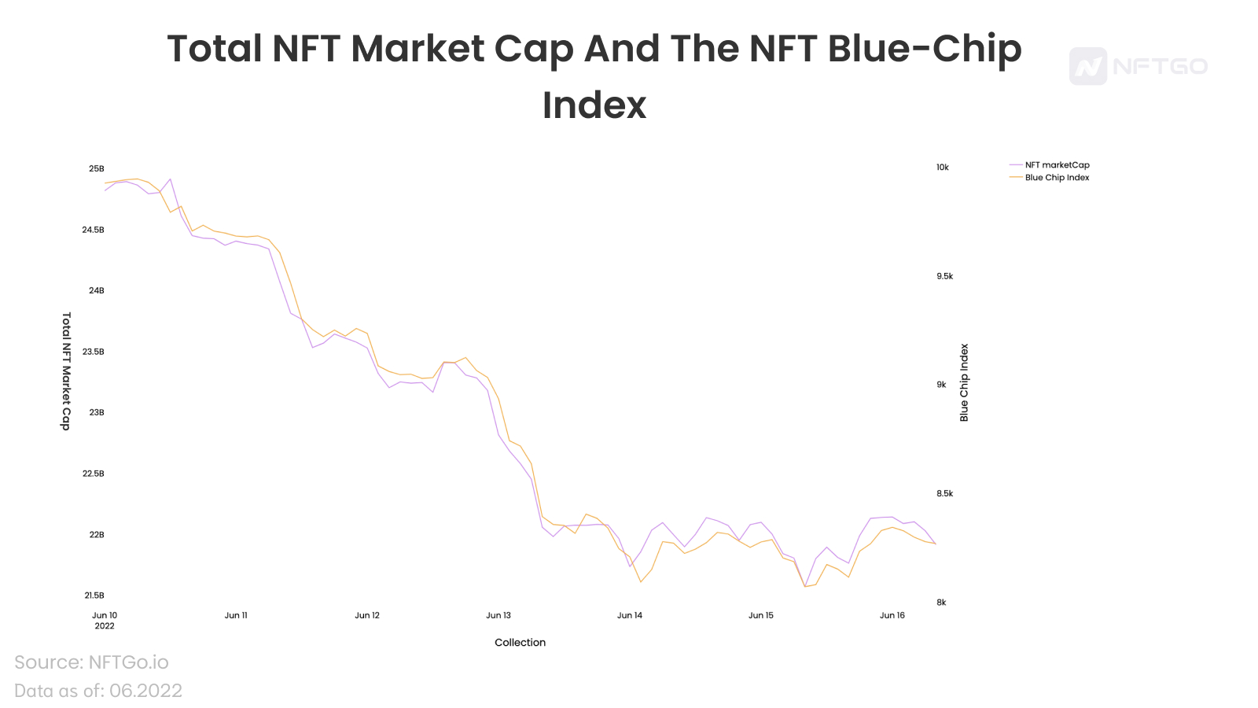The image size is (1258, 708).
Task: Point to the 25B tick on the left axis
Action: (x=96, y=169)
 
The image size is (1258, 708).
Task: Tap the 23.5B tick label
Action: (x=94, y=352)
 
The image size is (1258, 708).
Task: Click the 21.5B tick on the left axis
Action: (x=94, y=596)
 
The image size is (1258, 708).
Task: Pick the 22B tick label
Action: (x=96, y=535)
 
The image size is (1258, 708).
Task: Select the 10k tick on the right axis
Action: (x=943, y=168)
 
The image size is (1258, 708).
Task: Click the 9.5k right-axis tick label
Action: (x=944, y=276)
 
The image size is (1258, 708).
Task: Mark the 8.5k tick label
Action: (x=944, y=494)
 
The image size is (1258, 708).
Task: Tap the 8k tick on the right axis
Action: (x=941, y=603)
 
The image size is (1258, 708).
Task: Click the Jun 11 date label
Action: (x=236, y=616)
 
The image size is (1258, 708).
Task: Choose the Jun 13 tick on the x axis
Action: (x=498, y=616)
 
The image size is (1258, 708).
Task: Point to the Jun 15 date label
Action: (x=761, y=616)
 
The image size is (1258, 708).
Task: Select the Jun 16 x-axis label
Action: (x=892, y=616)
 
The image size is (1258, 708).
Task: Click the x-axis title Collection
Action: (x=520, y=643)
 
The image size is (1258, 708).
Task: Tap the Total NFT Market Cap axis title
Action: (x=66, y=371)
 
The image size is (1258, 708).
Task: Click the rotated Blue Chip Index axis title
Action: (x=965, y=383)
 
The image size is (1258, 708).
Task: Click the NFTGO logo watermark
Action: (x=1138, y=66)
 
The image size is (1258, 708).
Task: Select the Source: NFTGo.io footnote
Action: (x=91, y=662)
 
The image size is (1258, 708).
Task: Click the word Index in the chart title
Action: (x=594, y=105)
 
